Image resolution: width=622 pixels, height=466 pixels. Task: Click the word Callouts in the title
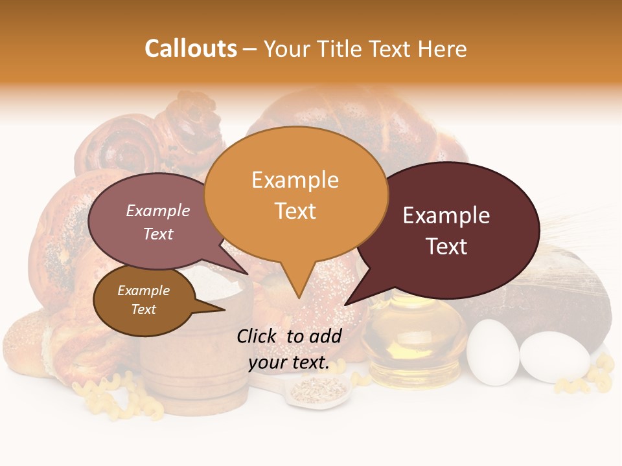[x=190, y=49]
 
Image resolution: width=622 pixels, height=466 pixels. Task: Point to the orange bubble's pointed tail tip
[x=299, y=298]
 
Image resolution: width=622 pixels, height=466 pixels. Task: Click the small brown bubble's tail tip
[x=224, y=310]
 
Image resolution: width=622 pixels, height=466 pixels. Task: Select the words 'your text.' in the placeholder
[x=288, y=362]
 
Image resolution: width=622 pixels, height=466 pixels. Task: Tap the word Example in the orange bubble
[x=295, y=180]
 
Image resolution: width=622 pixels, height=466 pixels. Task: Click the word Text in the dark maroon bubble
[x=446, y=246]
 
